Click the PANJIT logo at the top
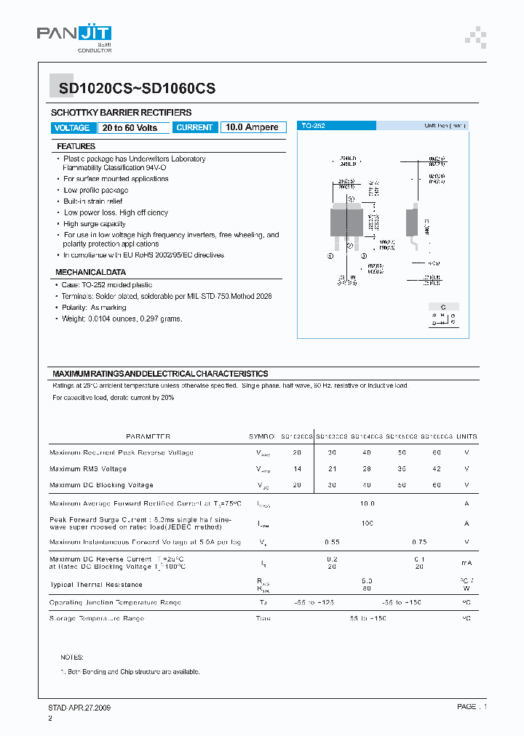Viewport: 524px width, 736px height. tap(74, 35)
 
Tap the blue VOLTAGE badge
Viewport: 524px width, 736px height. tap(72, 127)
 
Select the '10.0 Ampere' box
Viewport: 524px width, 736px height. tap(252, 127)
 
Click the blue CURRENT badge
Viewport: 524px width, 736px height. tap(195, 127)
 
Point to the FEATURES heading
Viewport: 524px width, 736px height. tap(76, 146)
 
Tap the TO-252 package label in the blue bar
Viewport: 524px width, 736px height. tap(314, 126)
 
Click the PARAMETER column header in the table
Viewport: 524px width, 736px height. tap(148, 436)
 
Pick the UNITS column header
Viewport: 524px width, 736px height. tap(467, 436)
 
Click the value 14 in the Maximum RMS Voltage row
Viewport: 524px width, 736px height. tap(297, 469)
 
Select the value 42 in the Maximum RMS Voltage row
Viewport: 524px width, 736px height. tap(437, 469)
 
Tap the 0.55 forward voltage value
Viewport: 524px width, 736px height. tap(332, 542)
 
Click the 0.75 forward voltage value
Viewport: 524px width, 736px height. tap(419, 542)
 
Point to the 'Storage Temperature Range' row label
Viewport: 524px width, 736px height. tap(97, 618)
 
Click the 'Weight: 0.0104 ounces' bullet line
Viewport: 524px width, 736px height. tap(122, 319)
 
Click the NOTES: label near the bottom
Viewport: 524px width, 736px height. tap(71, 657)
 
